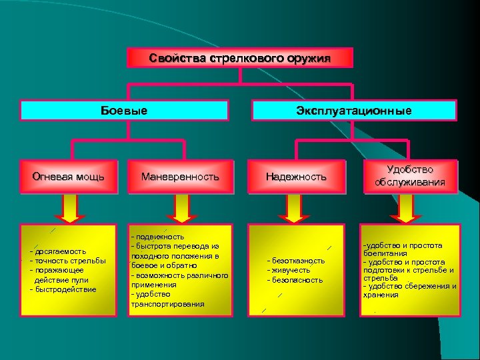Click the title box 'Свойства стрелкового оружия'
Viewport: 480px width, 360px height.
tap(240, 58)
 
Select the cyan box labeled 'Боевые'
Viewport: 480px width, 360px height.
tap(124, 110)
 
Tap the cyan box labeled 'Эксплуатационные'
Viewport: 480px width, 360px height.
tap(353, 110)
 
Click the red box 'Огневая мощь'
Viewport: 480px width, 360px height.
tap(68, 177)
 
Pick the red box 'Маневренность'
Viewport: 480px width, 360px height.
tap(179, 177)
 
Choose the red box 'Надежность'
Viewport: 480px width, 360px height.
tap(296, 177)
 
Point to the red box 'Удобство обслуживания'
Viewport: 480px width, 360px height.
tap(409, 176)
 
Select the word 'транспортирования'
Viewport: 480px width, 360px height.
tap(167, 304)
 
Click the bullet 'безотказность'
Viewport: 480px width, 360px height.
tap(297, 261)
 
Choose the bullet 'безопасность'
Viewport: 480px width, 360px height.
tap(296, 280)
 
